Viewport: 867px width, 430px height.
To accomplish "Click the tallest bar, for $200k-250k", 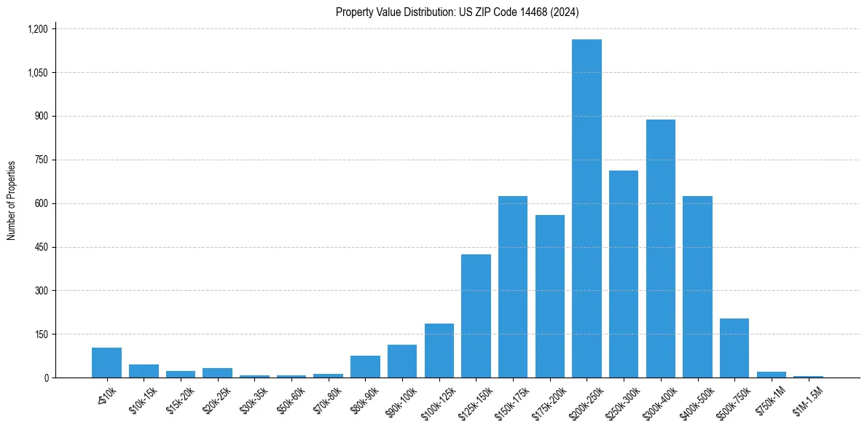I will [x=586, y=208].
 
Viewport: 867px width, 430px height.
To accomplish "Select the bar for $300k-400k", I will [x=660, y=249].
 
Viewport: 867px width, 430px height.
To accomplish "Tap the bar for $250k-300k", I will [x=624, y=274].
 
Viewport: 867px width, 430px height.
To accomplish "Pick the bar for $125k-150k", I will [x=476, y=316].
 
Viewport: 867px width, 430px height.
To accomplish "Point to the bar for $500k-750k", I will [x=734, y=348].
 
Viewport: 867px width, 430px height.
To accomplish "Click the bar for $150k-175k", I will [x=513, y=286].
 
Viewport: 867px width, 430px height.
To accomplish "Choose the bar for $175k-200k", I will [x=550, y=296].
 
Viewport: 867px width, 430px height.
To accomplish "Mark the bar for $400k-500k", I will [x=697, y=286].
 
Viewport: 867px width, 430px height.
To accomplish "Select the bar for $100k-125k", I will [x=439, y=351].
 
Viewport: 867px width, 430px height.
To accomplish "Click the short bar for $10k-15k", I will [x=144, y=371].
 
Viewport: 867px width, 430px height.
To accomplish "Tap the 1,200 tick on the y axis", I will [x=37, y=29].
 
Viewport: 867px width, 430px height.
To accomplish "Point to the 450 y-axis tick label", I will [x=41, y=247].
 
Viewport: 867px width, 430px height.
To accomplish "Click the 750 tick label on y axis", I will [x=41, y=160].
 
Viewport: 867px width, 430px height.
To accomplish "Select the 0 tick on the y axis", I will [x=46, y=378].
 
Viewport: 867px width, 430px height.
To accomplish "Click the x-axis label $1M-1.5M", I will [x=807, y=398].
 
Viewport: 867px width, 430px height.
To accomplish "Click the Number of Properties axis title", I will [x=11, y=200].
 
